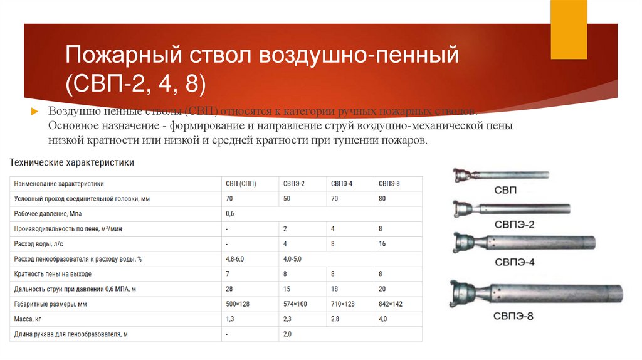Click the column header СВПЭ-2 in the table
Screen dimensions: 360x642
coord(293,183)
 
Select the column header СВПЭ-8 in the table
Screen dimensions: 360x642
coord(389,183)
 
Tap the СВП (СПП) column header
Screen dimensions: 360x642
coord(241,183)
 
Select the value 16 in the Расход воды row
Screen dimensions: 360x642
coord(382,243)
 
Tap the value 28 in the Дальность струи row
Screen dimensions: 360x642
coord(229,289)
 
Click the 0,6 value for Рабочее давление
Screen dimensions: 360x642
coord(229,213)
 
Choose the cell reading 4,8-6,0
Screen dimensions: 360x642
coord(236,258)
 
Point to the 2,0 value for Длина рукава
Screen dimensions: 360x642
coord(287,334)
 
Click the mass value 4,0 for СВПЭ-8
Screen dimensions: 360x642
coord(383,319)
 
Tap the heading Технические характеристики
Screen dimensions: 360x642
coord(72,162)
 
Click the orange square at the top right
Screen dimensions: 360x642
coord(568,28)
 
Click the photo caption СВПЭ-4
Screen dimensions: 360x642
coord(513,262)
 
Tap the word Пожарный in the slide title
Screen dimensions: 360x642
coord(120,58)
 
